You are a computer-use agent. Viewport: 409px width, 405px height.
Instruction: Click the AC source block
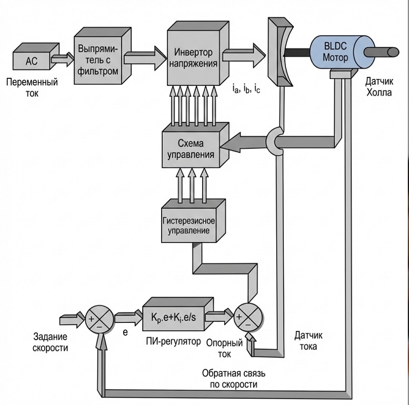pyautogui.click(x=32, y=60)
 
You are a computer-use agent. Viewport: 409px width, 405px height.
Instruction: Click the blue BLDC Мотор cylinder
pyautogui.click(x=335, y=52)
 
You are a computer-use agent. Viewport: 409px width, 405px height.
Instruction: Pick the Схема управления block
pyautogui.click(x=188, y=148)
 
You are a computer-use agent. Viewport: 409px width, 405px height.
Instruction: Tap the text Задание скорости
pyautogui.click(x=51, y=343)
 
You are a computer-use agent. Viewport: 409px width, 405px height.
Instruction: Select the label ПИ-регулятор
pyautogui.click(x=174, y=341)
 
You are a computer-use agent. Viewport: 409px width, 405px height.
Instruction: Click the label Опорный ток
pyautogui.click(x=225, y=348)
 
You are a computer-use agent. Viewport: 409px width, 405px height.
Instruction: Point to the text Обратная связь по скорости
pyautogui.click(x=236, y=379)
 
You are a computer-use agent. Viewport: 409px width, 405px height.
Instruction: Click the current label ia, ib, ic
pyautogui.click(x=245, y=89)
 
